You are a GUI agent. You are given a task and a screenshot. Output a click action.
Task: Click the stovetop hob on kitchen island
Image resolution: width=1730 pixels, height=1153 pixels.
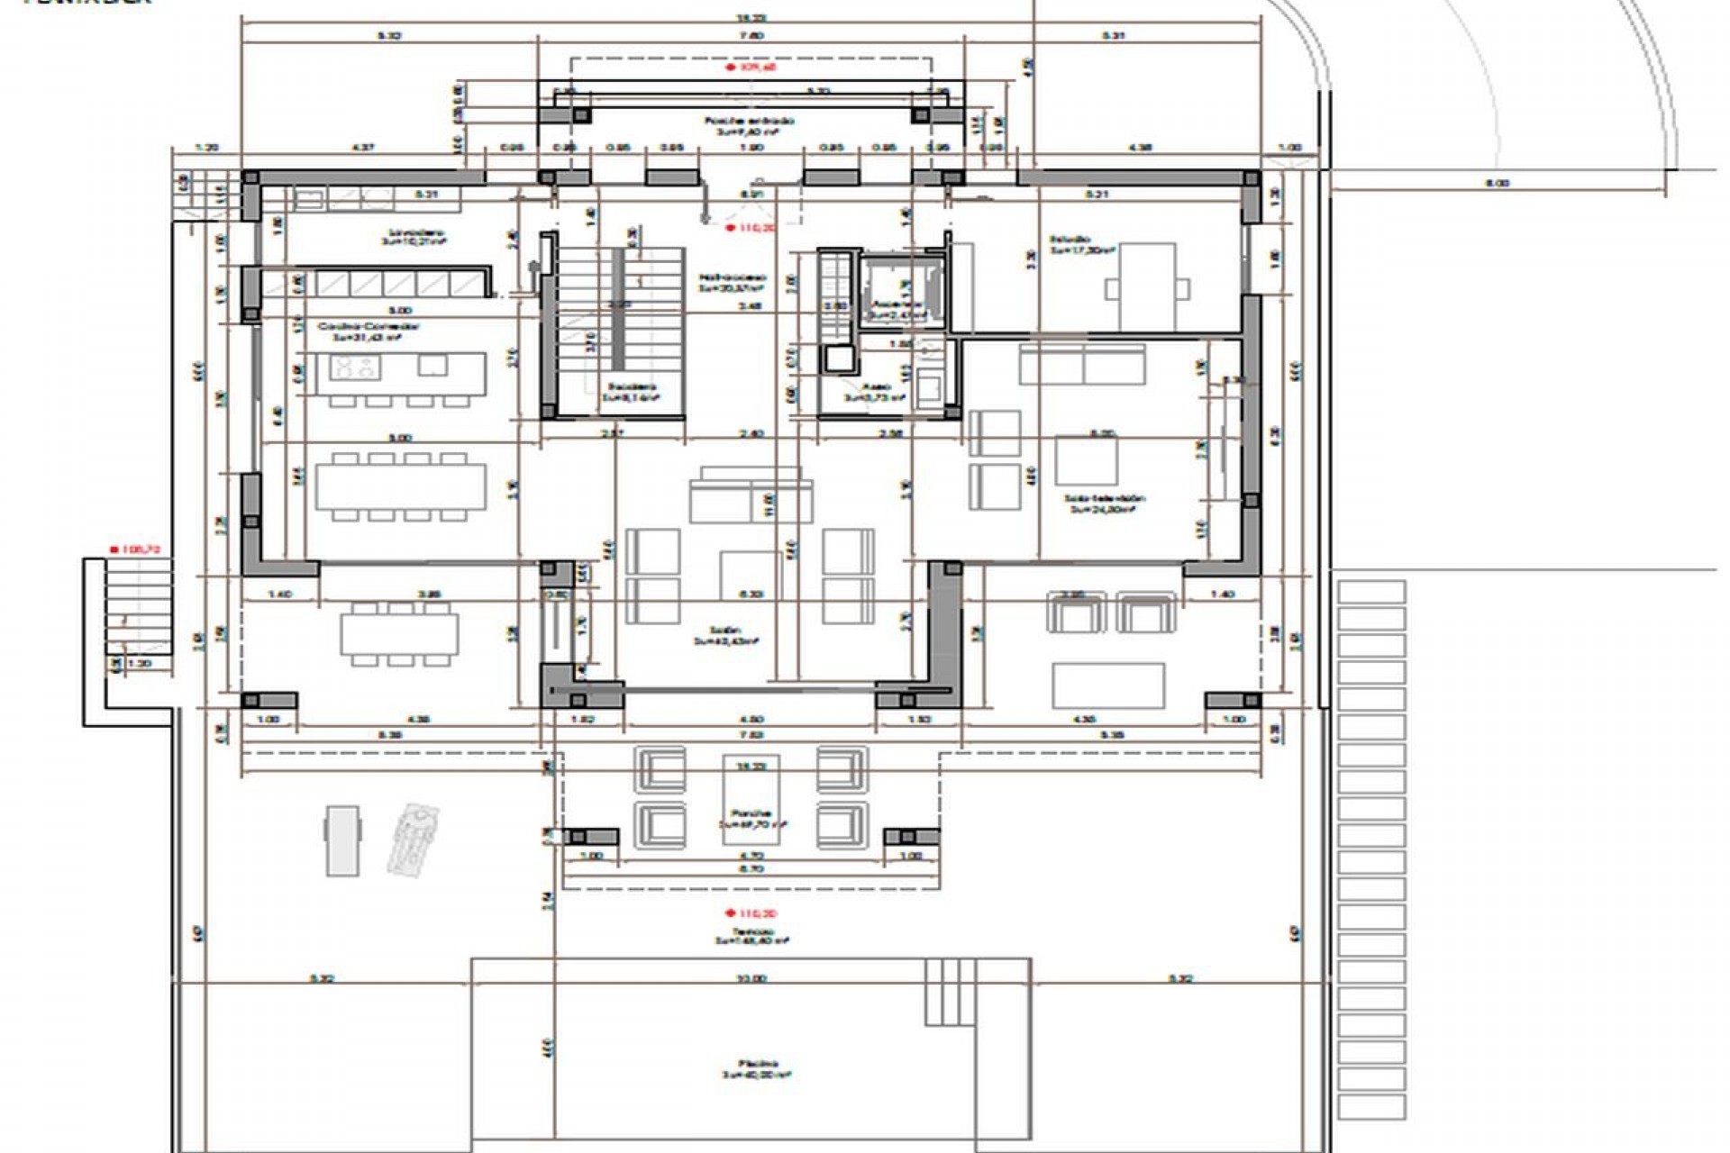(x=355, y=367)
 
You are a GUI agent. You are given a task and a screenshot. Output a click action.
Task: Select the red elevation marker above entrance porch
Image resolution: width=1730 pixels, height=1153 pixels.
(x=731, y=67)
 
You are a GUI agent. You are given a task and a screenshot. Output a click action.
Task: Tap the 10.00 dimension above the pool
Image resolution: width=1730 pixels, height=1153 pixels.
(x=751, y=977)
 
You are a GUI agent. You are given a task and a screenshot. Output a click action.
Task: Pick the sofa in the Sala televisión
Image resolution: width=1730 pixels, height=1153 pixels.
(x=1082, y=364)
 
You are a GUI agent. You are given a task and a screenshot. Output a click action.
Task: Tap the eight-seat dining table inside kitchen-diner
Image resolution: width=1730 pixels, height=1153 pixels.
(x=400, y=486)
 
